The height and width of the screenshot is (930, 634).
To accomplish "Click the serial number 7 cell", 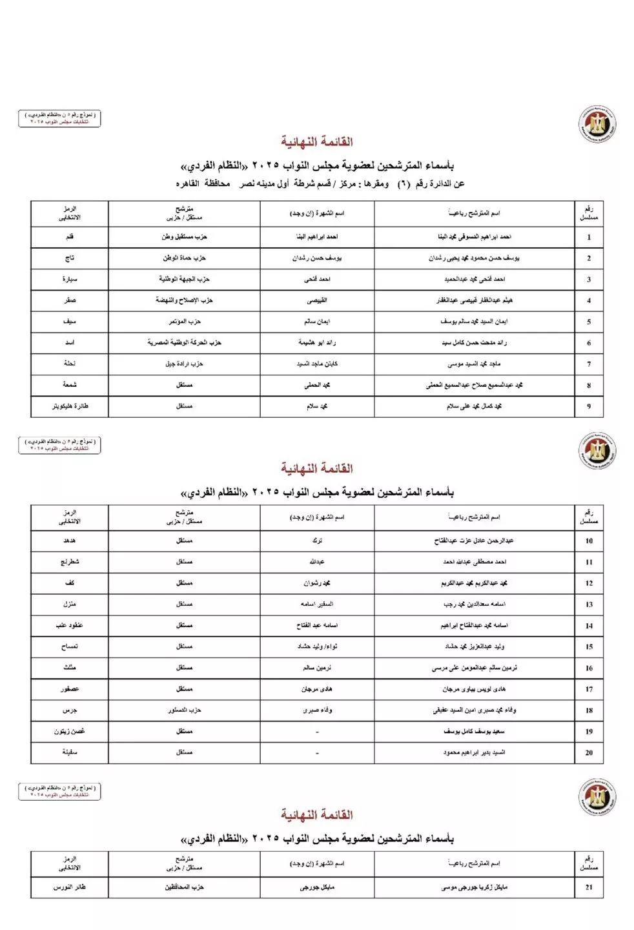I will (588, 364).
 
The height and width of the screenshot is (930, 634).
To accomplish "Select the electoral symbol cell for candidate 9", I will (70, 406).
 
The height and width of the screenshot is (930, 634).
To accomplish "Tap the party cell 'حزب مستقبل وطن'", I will (184, 237).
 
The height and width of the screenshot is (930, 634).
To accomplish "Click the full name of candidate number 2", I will (474, 258).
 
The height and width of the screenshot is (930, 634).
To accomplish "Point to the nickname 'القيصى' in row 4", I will (317, 300).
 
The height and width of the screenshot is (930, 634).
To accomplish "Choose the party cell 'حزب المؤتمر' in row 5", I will (184, 322).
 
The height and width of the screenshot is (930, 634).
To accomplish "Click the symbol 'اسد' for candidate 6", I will (70, 343).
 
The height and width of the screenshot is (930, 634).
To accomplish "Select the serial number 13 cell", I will (588, 604).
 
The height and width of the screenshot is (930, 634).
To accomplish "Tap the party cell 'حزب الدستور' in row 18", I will (184, 710).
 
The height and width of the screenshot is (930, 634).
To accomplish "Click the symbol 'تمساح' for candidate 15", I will (70, 646).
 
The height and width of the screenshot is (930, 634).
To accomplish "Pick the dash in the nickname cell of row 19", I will (317, 732).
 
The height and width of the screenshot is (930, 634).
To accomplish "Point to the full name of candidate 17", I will (474, 689).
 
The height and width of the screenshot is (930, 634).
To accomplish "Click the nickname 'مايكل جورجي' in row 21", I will (317, 887).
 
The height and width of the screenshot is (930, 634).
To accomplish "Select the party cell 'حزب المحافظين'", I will (184, 887).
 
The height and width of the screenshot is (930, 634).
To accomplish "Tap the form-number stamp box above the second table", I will (59, 445).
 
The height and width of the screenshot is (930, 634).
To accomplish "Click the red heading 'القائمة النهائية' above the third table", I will (316, 815).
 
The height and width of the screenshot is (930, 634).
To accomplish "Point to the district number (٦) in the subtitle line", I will (403, 184).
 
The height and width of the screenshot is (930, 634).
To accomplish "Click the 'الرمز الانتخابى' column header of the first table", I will (70, 214).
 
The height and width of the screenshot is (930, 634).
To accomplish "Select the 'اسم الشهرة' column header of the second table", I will (317, 517).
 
